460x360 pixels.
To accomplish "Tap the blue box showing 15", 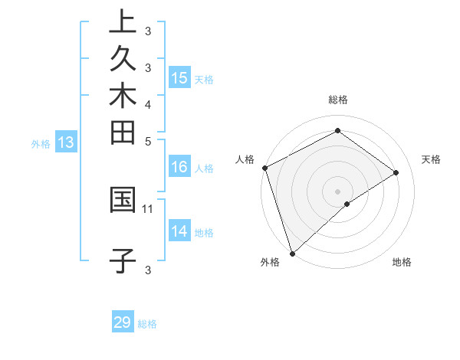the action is pos(179,77).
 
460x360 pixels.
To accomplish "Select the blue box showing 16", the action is pos(179,167).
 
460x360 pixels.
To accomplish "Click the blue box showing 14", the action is pos(179,231).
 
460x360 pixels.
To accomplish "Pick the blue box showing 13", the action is pos(66,142).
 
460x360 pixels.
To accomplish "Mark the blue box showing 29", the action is pos(123,322).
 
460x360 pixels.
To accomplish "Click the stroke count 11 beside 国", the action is pos(148,208).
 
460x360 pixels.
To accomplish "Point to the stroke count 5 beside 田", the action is pos(148,141).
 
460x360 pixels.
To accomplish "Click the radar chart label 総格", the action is pos(338,100).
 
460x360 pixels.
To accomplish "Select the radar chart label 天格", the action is pos(431,159).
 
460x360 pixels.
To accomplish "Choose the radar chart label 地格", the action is pos(402,263).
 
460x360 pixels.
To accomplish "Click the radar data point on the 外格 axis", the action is pos(292,253).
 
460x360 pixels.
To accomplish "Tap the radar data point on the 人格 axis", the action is pos(264,168).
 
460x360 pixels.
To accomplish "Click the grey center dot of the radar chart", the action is pos(338,191).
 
